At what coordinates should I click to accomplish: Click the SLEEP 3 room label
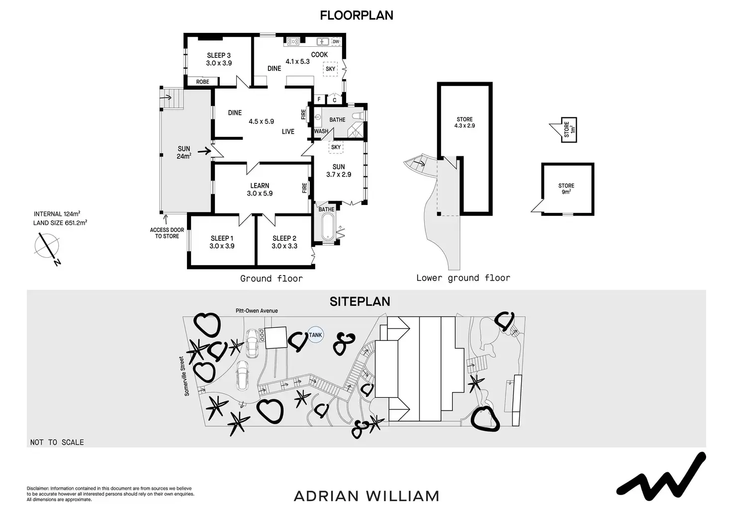219,56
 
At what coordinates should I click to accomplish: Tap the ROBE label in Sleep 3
202,82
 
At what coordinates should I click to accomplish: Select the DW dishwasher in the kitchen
336,42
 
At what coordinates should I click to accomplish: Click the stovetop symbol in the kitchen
292,42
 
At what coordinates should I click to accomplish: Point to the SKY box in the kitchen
330,69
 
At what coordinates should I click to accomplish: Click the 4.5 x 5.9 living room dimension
262,121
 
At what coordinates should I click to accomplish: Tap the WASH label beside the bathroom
321,131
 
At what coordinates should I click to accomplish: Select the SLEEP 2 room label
284,238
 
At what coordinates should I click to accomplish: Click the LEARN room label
260,186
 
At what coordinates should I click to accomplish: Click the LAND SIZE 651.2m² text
60,223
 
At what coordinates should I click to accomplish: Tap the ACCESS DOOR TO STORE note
167,233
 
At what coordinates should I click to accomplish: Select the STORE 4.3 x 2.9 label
464,122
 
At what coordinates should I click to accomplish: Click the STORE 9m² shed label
566,189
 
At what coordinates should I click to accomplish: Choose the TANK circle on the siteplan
315,335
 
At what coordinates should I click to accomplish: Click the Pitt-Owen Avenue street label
257,311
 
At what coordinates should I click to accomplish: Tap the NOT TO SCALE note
57,442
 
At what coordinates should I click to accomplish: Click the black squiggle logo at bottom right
661,477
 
